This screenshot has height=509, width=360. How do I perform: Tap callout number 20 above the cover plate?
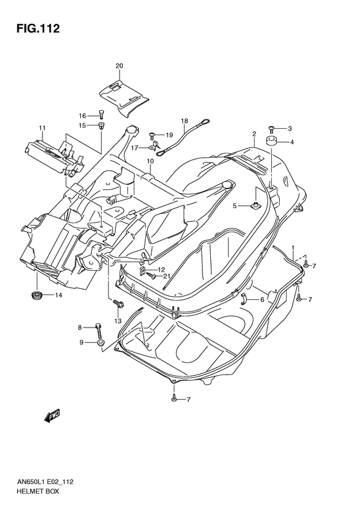[119, 66]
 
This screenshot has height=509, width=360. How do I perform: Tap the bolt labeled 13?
[118, 304]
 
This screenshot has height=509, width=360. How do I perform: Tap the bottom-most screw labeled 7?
[174, 400]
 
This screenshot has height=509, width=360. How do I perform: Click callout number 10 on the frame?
[149, 161]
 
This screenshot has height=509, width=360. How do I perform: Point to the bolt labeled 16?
[102, 115]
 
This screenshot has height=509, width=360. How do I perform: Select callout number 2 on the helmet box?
[255, 134]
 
